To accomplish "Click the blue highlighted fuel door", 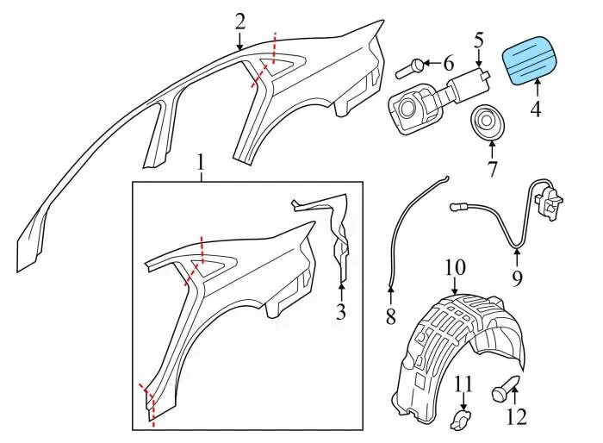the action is pos(529,60).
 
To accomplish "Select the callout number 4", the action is pos(535,109).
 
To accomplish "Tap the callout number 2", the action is pos(240,22).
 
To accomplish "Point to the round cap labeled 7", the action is pos(488,122).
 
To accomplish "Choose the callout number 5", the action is pos(478,40).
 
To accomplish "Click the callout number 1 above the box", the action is pos(200,163).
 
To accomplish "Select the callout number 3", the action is pos(341,311).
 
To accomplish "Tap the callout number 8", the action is pos(390,317).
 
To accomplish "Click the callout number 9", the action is pos(517,278).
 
